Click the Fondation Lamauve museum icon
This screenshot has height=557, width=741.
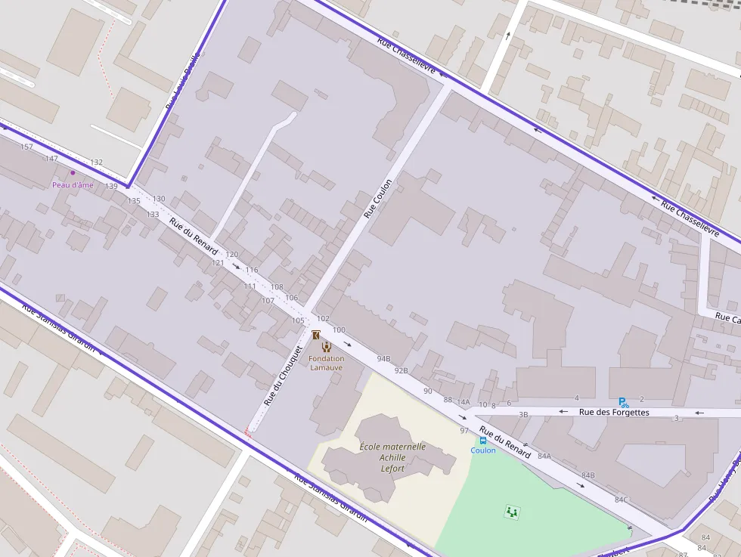[x=327, y=346]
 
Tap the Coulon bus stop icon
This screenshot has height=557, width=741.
[x=482, y=440]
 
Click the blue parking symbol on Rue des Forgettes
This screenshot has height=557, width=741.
[x=623, y=403]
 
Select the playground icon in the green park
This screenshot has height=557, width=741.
[x=513, y=512]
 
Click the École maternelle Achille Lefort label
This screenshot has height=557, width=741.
[x=392, y=457]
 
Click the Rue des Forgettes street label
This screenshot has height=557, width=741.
[x=614, y=413]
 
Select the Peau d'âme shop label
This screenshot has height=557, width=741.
[x=73, y=185]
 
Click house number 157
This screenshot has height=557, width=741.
[x=27, y=147]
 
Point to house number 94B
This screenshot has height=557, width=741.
[x=383, y=358]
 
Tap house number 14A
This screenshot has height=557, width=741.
[x=463, y=402]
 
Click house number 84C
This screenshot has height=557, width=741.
[x=621, y=500]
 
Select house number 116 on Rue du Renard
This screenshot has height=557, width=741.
[x=251, y=270]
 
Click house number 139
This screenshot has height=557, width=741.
[x=111, y=186]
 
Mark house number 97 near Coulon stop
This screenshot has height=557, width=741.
[x=464, y=431]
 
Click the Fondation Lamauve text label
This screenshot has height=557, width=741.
[x=326, y=363]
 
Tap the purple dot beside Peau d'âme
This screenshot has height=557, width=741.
[x=73, y=173]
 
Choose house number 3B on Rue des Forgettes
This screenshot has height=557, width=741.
[x=523, y=414]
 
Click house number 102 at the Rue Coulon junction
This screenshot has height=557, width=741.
[x=323, y=319]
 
